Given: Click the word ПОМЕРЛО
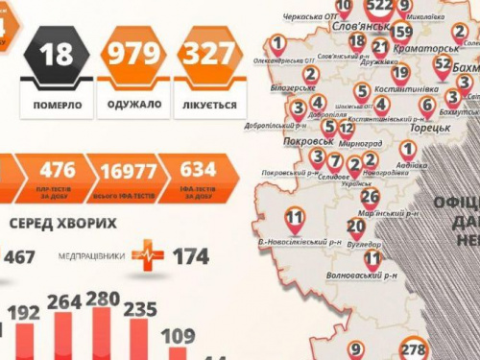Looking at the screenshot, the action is click(58, 103).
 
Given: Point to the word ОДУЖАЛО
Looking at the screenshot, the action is click(133, 103).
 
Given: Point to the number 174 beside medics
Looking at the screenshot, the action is click(192, 256).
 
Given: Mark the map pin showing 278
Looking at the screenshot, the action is click(415, 349).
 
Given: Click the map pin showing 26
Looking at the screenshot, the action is click(370, 198).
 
